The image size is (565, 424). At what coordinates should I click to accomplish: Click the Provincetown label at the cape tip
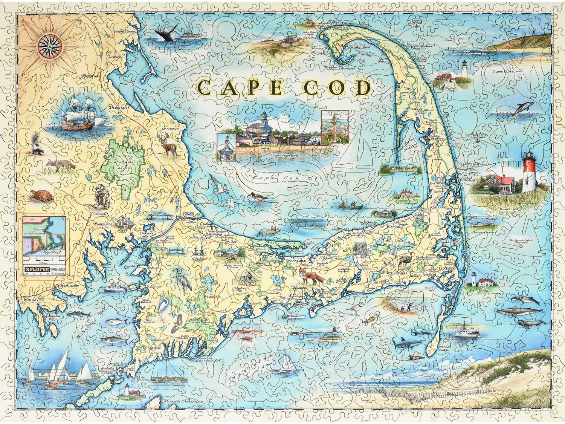coord(356,47)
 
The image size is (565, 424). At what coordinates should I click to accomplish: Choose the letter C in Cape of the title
coord(206,88)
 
